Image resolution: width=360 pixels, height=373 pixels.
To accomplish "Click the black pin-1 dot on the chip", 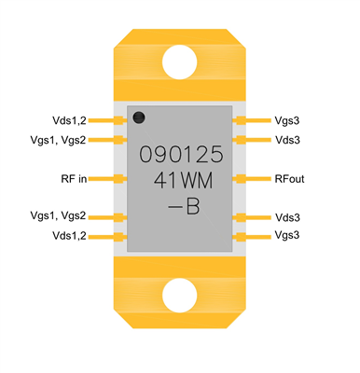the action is (138, 117).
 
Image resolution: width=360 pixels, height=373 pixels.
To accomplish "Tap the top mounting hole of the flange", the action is (180, 62).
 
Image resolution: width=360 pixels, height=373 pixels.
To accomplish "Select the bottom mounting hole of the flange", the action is (180, 295).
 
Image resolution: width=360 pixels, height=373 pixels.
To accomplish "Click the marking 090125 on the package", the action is (180, 154).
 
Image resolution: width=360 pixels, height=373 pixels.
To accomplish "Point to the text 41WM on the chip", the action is (180, 179).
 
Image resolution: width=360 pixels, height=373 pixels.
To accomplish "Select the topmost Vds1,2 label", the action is (69, 120).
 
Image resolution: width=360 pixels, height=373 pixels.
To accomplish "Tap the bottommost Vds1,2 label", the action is (69, 236).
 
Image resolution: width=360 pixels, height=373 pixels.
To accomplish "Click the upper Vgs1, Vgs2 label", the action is (58, 140).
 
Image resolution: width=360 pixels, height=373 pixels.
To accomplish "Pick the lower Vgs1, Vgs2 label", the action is (58, 216).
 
